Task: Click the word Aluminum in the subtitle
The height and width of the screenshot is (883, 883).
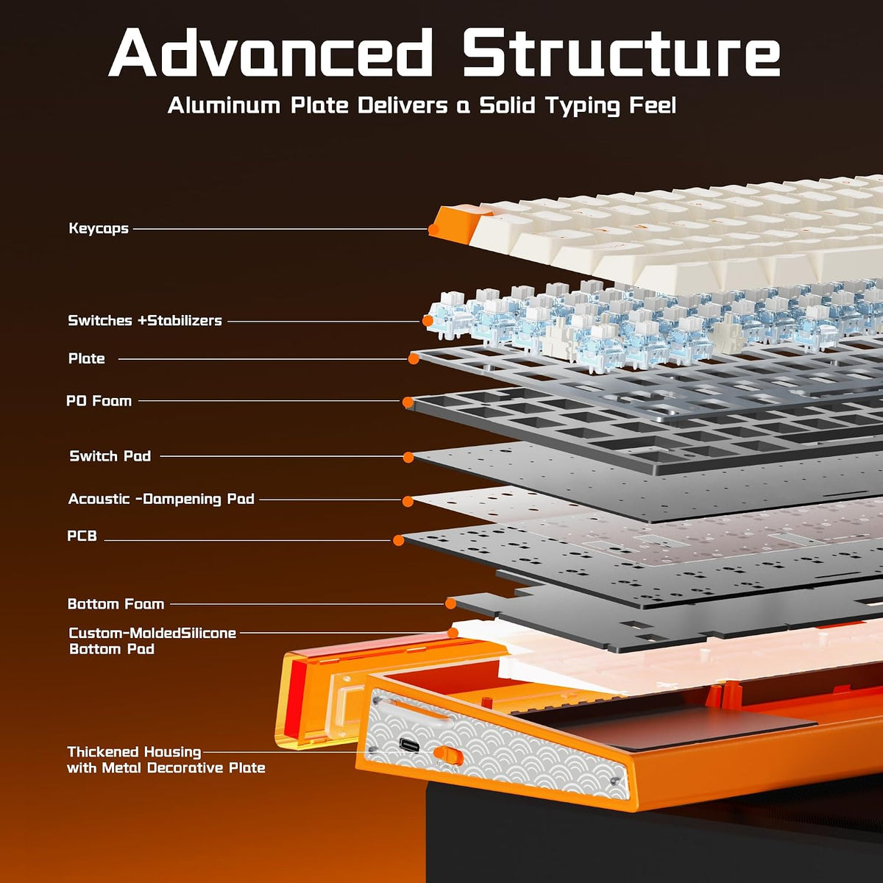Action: coord(224,105)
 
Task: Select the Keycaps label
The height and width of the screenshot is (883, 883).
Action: coord(99,228)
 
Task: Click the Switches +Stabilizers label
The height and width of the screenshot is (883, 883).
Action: coord(145,320)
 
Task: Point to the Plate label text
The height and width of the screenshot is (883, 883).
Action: coord(87,358)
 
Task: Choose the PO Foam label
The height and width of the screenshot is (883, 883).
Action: coord(99,401)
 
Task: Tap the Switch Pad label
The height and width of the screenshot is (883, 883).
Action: coord(110,456)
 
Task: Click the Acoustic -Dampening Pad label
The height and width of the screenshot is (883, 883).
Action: coord(161,499)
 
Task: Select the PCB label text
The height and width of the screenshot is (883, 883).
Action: coord(82,536)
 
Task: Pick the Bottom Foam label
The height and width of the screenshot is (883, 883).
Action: coord(116,604)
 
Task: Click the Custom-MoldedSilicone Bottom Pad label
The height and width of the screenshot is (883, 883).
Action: coord(152,641)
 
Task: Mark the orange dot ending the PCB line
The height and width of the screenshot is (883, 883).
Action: coord(398,541)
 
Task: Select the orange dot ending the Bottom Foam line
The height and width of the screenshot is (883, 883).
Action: coord(450,604)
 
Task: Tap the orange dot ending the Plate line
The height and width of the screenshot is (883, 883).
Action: coord(414,359)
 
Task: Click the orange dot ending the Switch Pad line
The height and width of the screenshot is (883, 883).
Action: coord(408,457)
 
